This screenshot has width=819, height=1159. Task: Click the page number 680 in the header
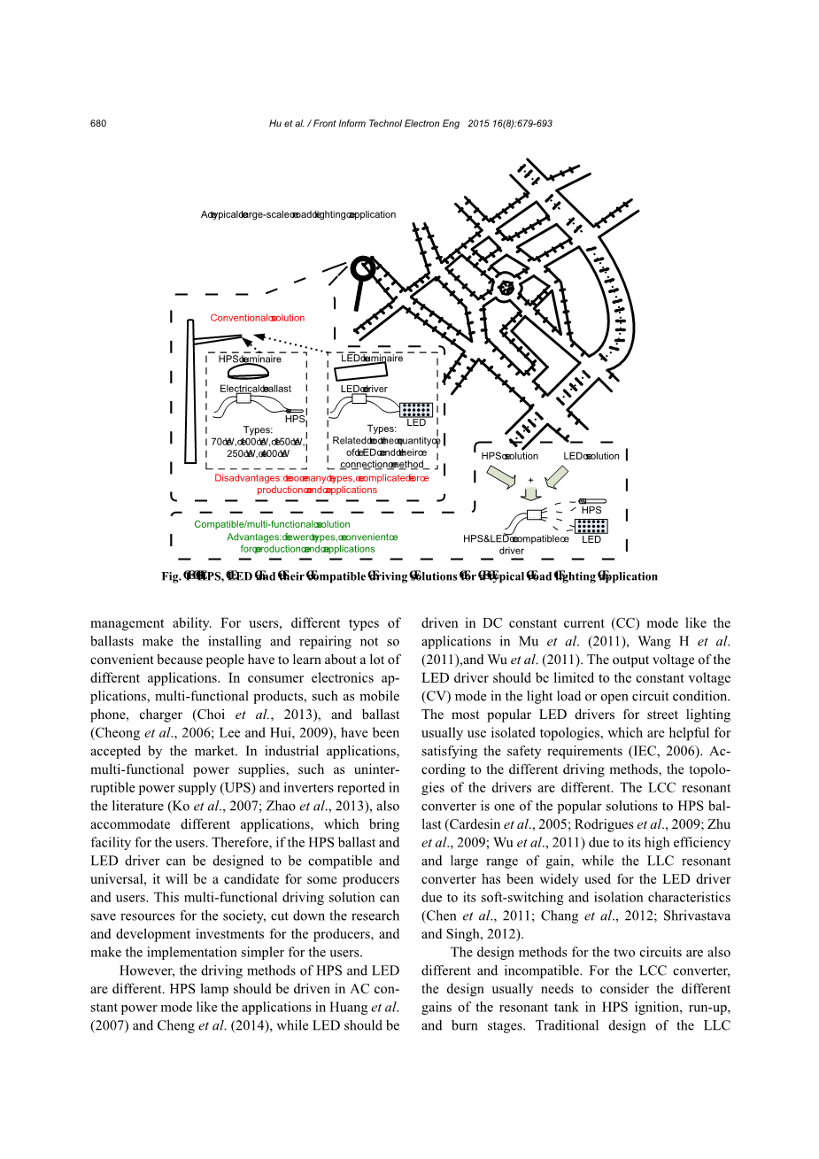pyautogui.click(x=98, y=123)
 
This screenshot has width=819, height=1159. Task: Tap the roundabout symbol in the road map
pyautogui.click(x=506, y=287)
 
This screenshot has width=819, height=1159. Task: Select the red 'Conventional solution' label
pyautogui.click(x=257, y=318)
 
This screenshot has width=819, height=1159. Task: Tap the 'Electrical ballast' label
pyautogui.click(x=255, y=389)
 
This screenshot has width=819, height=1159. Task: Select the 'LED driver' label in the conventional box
pyautogui.click(x=364, y=389)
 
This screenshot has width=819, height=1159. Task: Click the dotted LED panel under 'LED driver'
pyautogui.click(x=416, y=409)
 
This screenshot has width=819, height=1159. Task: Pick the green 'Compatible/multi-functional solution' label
pyautogui.click(x=272, y=524)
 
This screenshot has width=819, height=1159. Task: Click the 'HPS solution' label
pyautogui.click(x=509, y=456)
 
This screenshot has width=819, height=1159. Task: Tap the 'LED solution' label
pyautogui.click(x=591, y=456)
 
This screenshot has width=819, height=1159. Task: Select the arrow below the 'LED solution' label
pyautogui.click(x=556, y=477)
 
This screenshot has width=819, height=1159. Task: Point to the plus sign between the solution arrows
pyautogui.click(x=530, y=481)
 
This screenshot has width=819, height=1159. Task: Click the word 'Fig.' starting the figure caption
pyautogui.click(x=171, y=576)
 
